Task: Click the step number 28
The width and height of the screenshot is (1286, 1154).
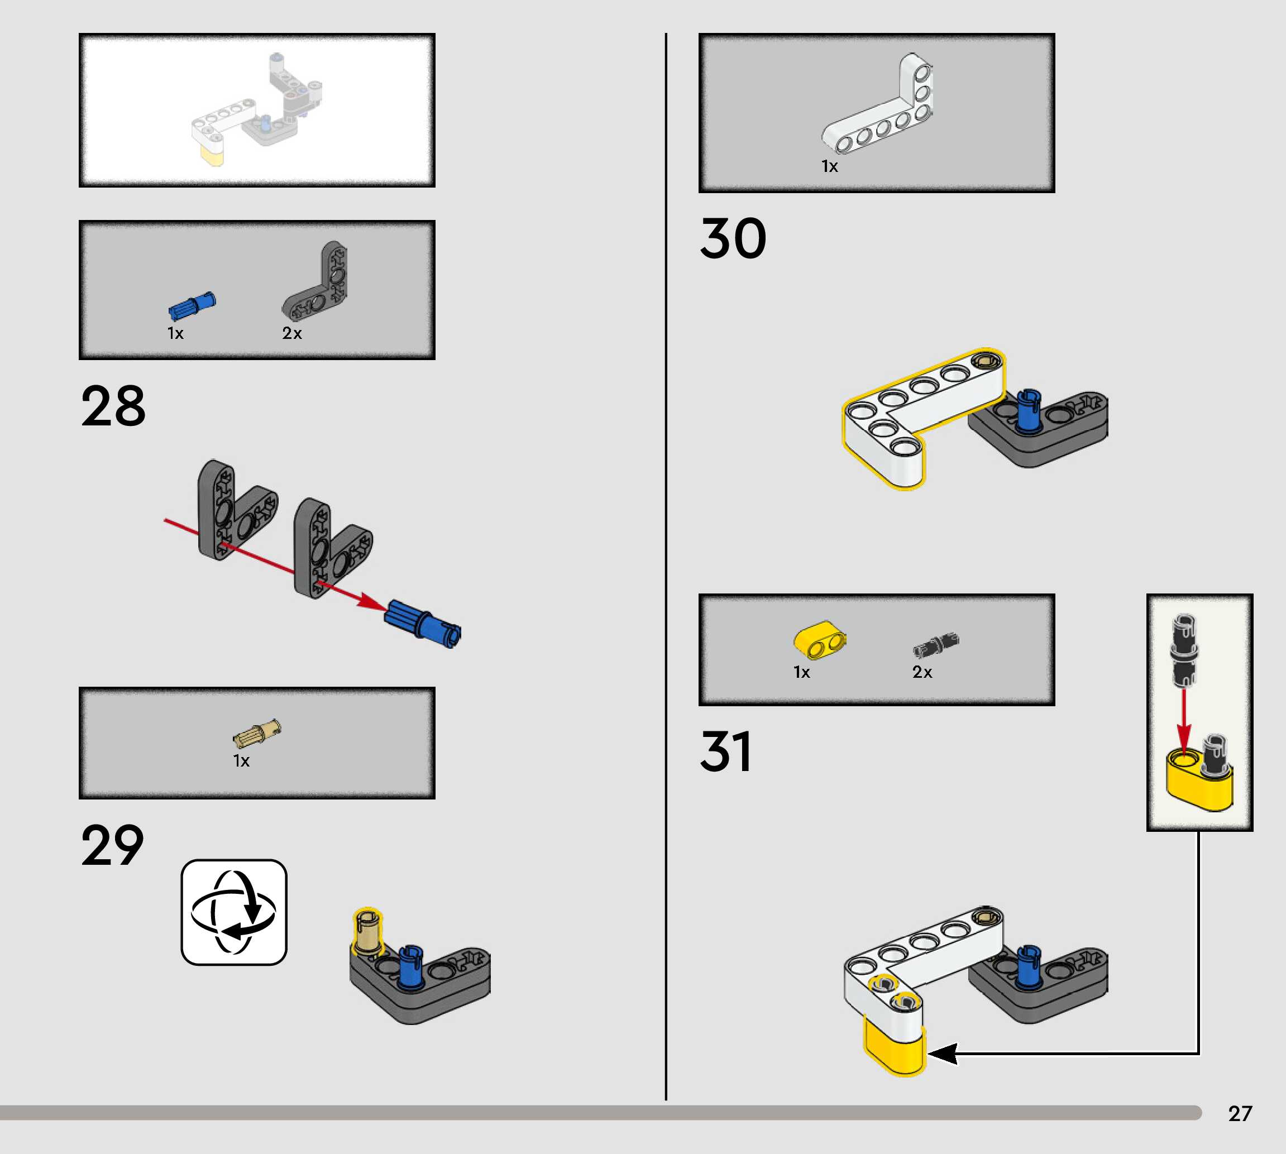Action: pyautogui.click(x=113, y=406)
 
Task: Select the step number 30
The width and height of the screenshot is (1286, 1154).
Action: pyautogui.click(x=733, y=238)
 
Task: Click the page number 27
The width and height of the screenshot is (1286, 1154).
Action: pyautogui.click(x=1240, y=1113)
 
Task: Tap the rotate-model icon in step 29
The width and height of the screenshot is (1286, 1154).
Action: pyautogui.click(x=234, y=912)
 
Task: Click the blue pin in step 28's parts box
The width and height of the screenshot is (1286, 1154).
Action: pyautogui.click(x=192, y=305)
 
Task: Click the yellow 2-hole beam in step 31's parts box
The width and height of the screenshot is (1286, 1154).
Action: pyautogui.click(x=819, y=640)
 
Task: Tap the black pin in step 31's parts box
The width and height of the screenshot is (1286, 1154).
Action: pyautogui.click(x=935, y=645)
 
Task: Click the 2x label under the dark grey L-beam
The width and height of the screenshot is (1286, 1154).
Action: pyautogui.click(x=291, y=333)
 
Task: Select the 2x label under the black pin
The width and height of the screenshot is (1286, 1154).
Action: pyautogui.click(x=922, y=672)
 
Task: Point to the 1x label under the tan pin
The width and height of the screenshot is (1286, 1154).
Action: pyautogui.click(x=241, y=761)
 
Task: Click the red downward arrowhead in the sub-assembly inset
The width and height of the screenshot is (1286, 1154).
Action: pyautogui.click(x=1183, y=739)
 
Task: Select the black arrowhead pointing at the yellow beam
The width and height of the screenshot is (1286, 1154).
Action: pyautogui.click(x=943, y=1055)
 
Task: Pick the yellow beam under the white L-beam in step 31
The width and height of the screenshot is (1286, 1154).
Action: pyautogui.click(x=893, y=1046)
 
